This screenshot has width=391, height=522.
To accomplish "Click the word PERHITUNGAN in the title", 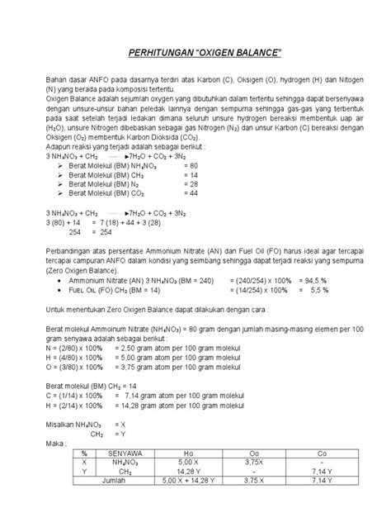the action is tap(161, 54).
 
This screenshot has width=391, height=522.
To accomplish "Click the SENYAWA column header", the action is tap(124, 453).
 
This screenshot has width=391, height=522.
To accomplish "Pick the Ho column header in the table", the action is tap(191, 453).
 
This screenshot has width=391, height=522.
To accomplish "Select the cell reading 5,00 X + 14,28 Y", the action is tap(191, 480).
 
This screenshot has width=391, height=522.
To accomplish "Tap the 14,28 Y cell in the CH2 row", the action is tap(191, 471).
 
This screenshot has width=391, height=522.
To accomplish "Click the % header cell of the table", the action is tap(84, 453).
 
